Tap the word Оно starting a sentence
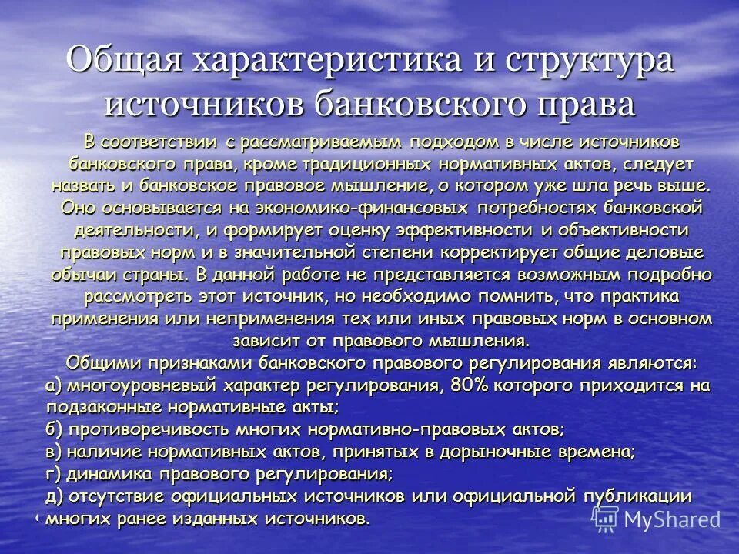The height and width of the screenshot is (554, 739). pos(77,209)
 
